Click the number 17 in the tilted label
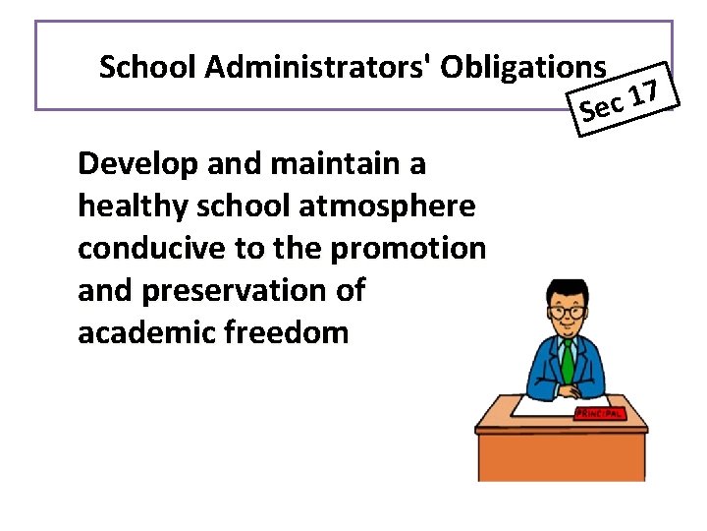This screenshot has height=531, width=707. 645,94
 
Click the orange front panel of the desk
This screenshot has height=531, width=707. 561,457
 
